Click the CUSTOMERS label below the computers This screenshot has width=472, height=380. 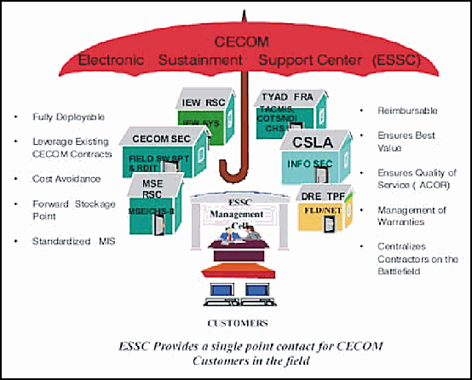point(239,324)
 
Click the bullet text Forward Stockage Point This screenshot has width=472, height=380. point(62,209)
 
